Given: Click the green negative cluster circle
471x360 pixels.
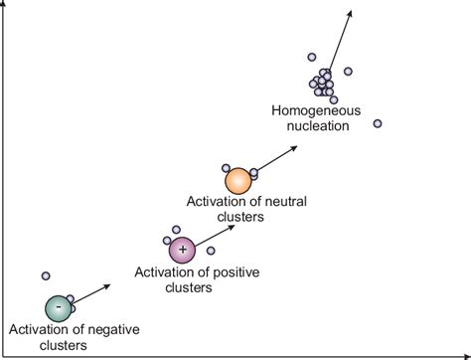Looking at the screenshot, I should pyautogui.click(x=59, y=308).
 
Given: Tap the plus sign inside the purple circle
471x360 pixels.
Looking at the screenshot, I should pyautogui.click(x=182, y=249).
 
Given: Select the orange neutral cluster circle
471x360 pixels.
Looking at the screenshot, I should pyautogui.click(x=238, y=181).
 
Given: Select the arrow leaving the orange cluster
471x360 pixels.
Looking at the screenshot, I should pyautogui.click(x=278, y=157).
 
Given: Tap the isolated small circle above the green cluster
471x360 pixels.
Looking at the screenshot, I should pyautogui.click(x=45, y=275).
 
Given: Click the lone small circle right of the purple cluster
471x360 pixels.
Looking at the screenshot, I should pyautogui.click(x=210, y=251).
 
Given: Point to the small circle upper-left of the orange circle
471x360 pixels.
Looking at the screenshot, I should pyautogui.click(x=227, y=168).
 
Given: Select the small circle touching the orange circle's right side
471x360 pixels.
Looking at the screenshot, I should pyautogui.click(x=254, y=173).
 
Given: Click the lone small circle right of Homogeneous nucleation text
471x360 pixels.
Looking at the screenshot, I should pyautogui.click(x=378, y=123).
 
